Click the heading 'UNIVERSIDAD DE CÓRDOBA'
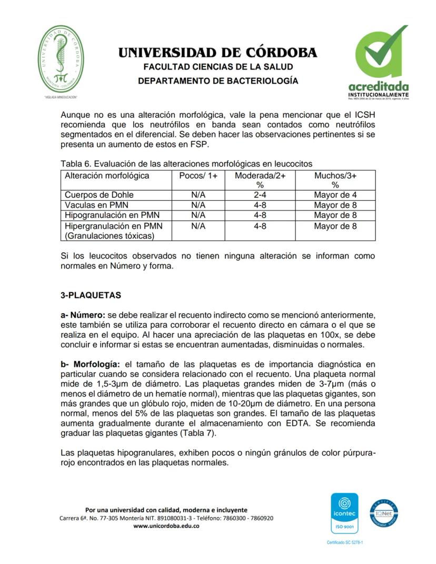pos(217,53)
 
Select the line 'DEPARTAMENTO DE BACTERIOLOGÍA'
pos(217,81)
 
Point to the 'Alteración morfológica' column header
pos(107,176)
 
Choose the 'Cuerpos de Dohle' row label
pos(99,195)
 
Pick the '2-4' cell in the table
pos(259,195)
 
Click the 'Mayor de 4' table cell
pos(335,195)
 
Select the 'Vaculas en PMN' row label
pos(96,205)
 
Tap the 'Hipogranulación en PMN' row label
pos(112,215)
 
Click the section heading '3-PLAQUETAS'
pos(91,295)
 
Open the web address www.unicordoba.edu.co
pos(166,526)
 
